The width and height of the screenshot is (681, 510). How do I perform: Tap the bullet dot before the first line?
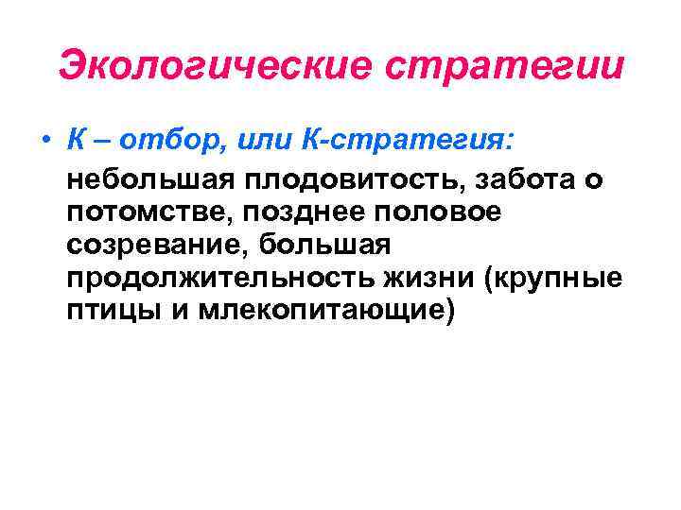[45, 142]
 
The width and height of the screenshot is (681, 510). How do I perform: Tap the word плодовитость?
[356, 179]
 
